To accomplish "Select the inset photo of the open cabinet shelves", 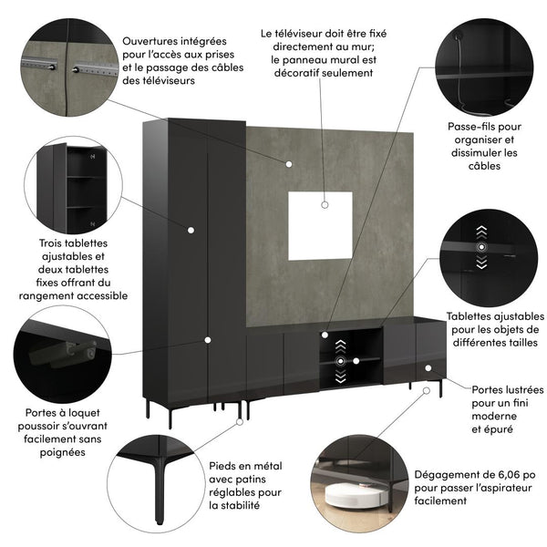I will pyautogui.click(x=73, y=186).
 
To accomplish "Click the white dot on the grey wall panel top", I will pyautogui.click(x=288, y=164).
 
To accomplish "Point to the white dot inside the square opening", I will pyautogui.click(x=325, y=205).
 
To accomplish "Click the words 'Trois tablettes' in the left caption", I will pyautogui.click(x=71, y=243).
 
